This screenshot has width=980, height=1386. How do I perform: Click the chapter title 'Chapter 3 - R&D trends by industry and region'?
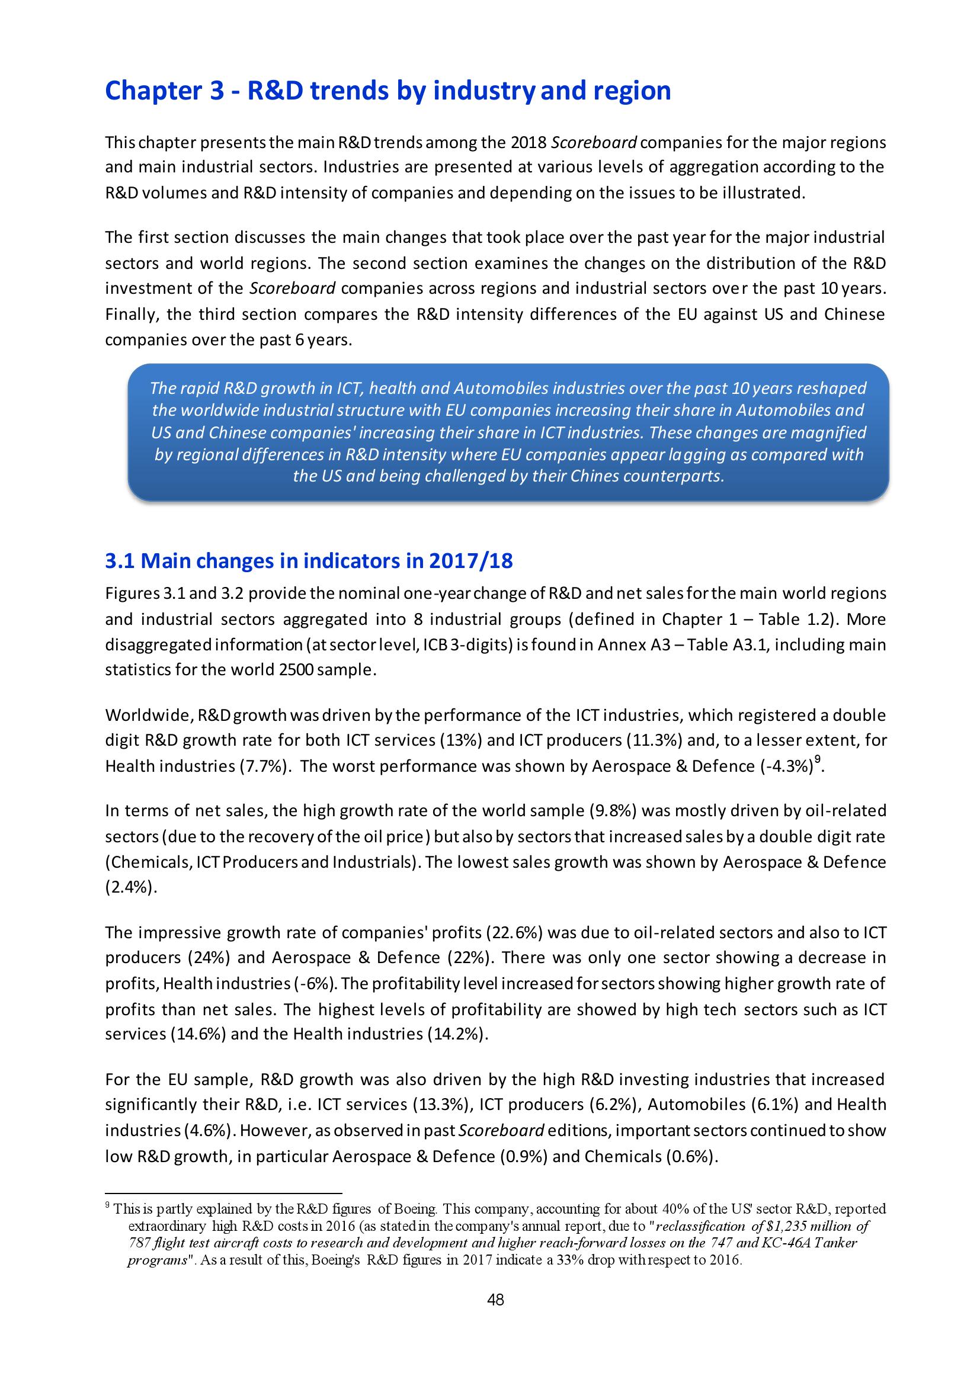click(387, 91)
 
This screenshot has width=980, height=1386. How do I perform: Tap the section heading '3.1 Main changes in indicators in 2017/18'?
click(309, 561)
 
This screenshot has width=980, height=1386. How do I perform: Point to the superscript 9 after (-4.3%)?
click(817, 761)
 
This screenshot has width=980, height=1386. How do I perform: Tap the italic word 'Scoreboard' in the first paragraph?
click(594, 143)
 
